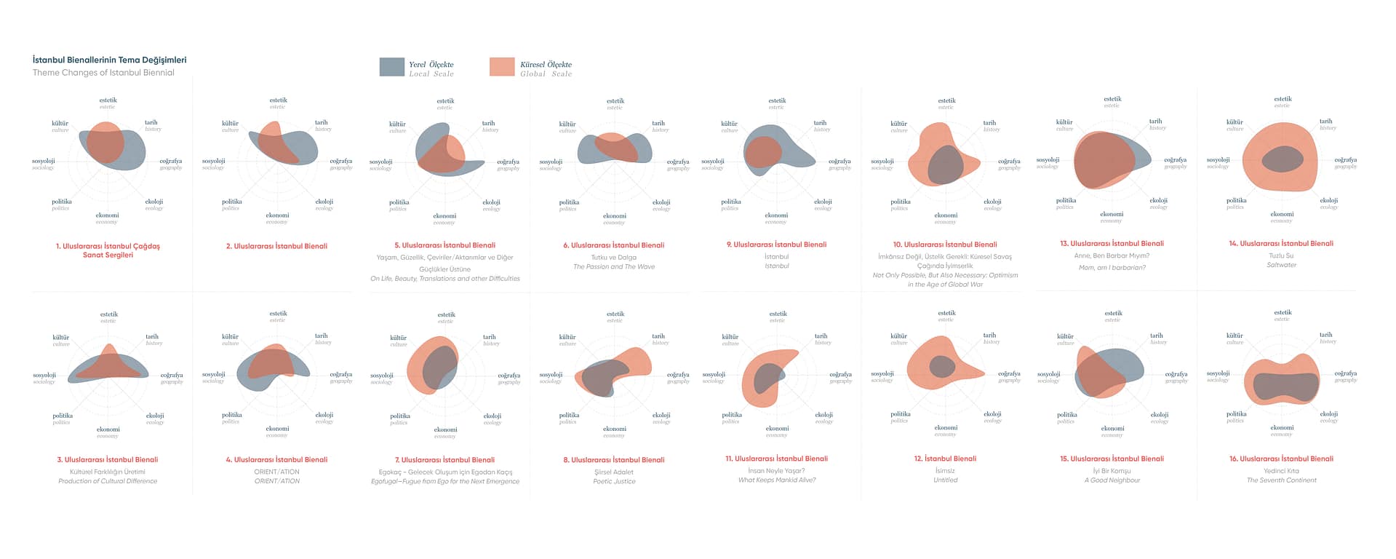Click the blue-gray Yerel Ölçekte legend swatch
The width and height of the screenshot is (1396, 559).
click(x=391, y=67)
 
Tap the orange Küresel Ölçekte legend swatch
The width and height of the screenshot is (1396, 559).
click(x=502, y=67)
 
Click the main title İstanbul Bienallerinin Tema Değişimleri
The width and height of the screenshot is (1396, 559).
click(x=109, y=60)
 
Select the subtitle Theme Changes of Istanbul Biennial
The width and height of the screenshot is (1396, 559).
click(x=103, y=73)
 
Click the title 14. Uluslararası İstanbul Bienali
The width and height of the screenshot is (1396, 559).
click(x=1281, y=244)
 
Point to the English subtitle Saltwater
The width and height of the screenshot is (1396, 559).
click(x=1281, y=265)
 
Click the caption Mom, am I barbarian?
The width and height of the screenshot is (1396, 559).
click(x=1112, y=268)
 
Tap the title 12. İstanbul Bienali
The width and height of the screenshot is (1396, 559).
click(x=945, y=459)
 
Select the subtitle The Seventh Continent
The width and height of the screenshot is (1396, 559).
click(x=1281, y=480)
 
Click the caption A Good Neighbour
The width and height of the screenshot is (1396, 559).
click(x=1112, y=480)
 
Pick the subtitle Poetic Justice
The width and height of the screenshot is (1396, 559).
click(x=614, y=481)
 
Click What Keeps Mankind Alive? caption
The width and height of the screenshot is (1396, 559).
click(x=776, y=480)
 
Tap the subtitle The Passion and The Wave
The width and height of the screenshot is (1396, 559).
click(x=614, y=267)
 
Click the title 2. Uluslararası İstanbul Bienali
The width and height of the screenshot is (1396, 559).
click(x=276, y=246)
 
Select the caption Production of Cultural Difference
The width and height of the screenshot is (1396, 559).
click(x=108, y=481)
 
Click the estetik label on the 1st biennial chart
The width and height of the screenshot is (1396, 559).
click(x=108, y=100)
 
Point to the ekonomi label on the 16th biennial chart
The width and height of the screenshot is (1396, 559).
click(x=1282, y=428)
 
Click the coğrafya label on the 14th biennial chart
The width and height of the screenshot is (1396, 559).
click(x=1345, y=160)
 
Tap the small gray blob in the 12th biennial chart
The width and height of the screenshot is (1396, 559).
click(x=942, y=366)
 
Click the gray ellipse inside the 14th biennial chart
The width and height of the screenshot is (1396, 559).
click(x=1282, y=159)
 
